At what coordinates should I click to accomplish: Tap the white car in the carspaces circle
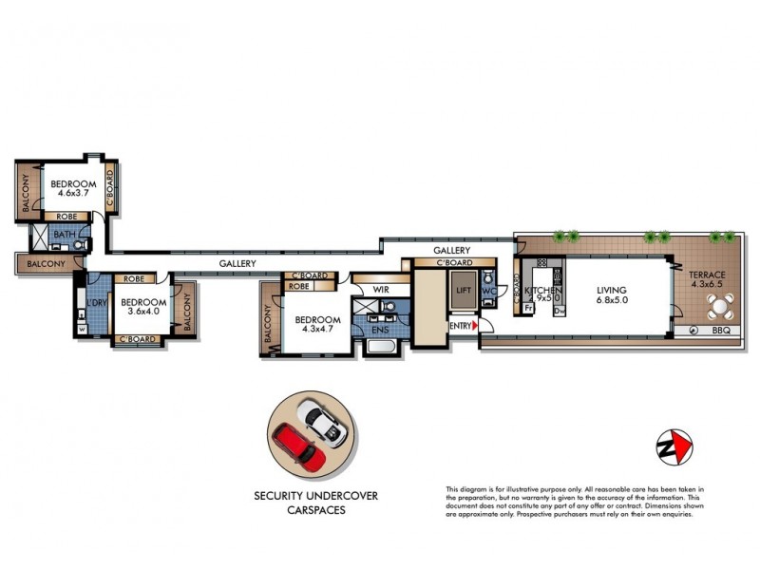tap(322, 422)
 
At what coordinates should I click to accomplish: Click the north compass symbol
tap(674, 445)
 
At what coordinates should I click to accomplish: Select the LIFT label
tap(464, 291)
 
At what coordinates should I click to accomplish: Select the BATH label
tap(64, 235)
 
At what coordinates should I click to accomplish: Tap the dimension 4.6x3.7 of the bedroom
tap(73, 193)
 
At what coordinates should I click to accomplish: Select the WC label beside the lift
tap(489, 291)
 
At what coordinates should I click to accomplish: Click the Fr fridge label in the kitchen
tap(527, 308)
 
